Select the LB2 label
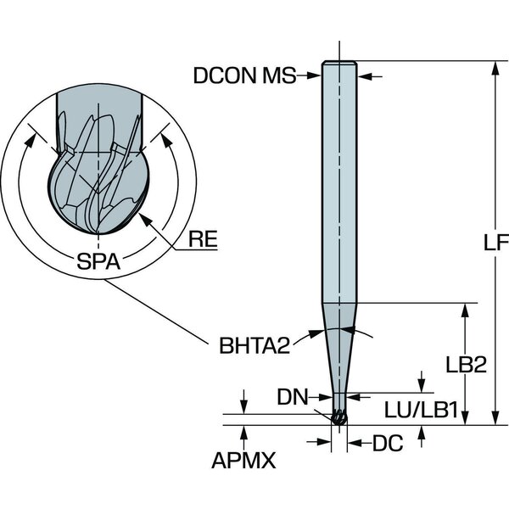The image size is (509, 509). point(466,366)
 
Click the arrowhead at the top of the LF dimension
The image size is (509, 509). point(495,68)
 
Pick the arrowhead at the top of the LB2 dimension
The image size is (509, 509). point(465,307)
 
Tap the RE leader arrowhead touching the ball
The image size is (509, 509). point(145,217)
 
